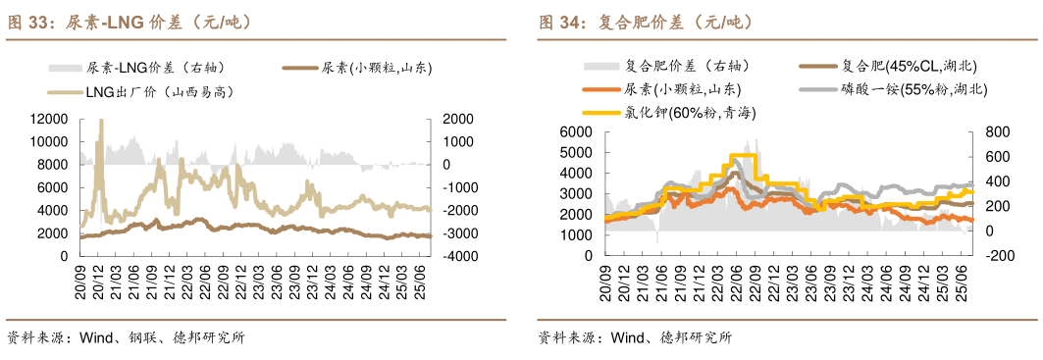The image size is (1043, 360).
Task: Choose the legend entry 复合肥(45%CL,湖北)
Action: click(x=910, y=66)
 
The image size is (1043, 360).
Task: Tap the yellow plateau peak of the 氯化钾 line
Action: click(x=744, y=156)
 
